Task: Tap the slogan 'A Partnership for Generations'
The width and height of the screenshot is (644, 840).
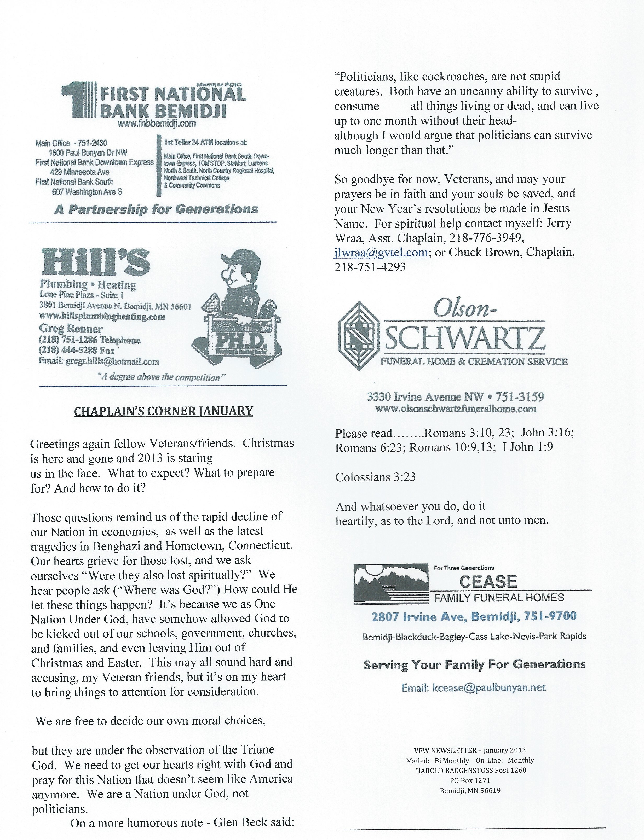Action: tap(156, 209)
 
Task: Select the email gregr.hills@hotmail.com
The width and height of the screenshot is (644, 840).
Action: tap(109, 361)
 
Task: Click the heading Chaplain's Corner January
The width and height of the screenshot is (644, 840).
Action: tap(163, 411)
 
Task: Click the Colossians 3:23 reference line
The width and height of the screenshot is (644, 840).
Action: tap(375, 477)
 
